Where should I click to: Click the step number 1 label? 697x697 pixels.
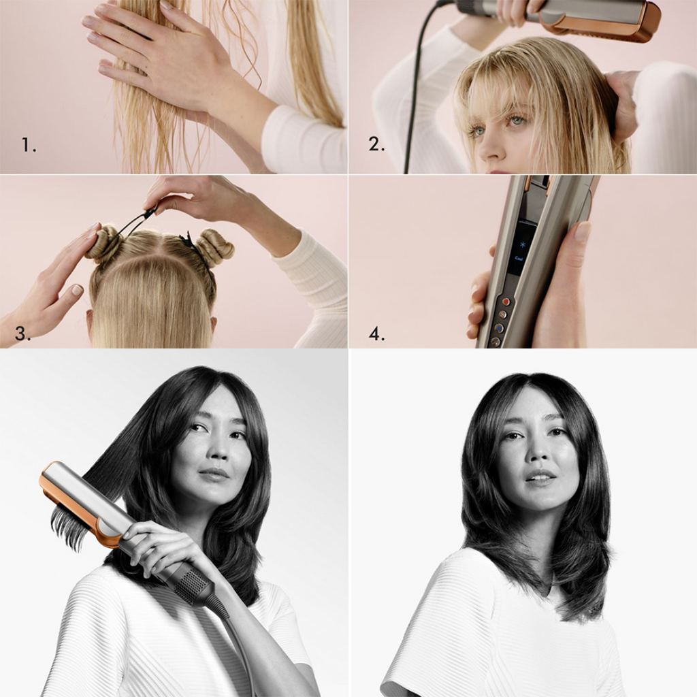click(29, 145)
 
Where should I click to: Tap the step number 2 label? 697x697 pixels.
click(376, 144)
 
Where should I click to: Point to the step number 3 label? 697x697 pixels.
click(22, 333)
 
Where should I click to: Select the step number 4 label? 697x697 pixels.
click(376, 334)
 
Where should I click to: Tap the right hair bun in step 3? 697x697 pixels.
click(214, 248)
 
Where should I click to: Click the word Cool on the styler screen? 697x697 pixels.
click(519, 258)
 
